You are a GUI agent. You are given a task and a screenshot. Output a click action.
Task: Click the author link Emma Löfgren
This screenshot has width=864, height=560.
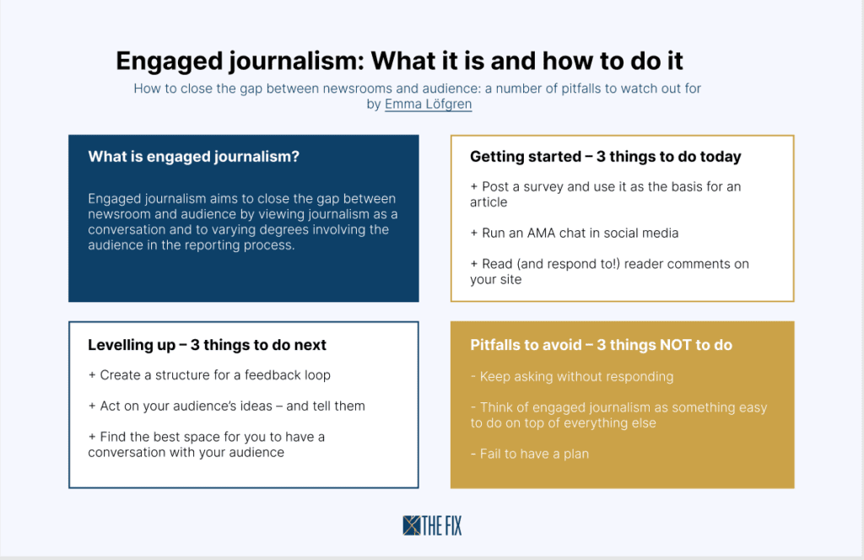[428, 104]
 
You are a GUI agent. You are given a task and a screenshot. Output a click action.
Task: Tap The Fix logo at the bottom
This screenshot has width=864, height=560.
[433, 526]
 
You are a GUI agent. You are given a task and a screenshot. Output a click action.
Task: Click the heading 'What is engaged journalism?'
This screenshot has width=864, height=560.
[193, 157]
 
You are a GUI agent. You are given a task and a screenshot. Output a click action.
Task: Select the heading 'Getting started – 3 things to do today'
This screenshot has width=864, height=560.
[606, 157]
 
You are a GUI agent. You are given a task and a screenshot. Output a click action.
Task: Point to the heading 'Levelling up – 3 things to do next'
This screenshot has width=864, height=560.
[208, 345]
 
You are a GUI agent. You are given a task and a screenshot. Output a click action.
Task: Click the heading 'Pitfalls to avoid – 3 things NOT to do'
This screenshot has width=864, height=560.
[601, 345]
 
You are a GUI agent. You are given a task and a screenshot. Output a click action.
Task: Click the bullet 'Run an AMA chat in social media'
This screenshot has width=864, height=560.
[574, 234]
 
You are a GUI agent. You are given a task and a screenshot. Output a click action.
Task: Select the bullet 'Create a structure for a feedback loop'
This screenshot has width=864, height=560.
[209, 375]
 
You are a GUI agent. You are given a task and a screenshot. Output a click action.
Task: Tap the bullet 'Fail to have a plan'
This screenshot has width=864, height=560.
[530, 455]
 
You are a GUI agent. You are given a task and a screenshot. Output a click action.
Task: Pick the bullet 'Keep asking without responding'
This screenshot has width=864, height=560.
[572, 377]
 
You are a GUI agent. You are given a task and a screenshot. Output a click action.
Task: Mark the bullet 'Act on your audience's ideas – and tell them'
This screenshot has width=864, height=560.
[226, 407]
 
